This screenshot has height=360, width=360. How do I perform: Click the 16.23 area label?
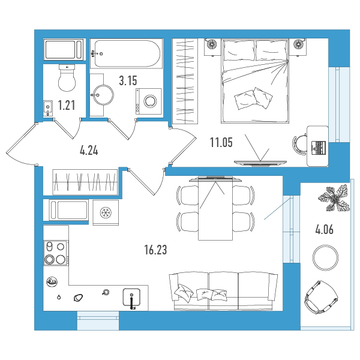tap(155, 250)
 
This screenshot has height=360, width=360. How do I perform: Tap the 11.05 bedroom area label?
tap(221, 142)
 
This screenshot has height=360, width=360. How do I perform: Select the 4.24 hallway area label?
tap(89, 151)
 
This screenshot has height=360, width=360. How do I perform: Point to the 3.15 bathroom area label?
tap(128, 80)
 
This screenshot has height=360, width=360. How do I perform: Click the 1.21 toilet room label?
tap(67, 106)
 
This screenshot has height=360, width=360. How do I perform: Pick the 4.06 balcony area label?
tap(325, 230)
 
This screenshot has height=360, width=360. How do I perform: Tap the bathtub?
tap(126, 54)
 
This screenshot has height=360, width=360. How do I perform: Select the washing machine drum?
tap(150, 101)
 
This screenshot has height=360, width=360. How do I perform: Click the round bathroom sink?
tap(103, 95)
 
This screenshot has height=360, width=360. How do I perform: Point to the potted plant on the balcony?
tap(334, 198)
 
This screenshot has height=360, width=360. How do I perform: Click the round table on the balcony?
tap(325, 257)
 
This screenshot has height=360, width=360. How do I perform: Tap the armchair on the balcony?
tap(321, 297)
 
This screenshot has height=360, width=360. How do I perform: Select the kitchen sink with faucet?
tap(131, 298)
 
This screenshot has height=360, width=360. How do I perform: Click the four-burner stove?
tap(56, 253)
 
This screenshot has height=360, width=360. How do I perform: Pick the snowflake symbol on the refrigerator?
tap(106, 212)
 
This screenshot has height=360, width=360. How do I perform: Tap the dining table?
tap(215, 209)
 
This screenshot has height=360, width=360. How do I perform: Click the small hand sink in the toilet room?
tap(48, 109)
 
